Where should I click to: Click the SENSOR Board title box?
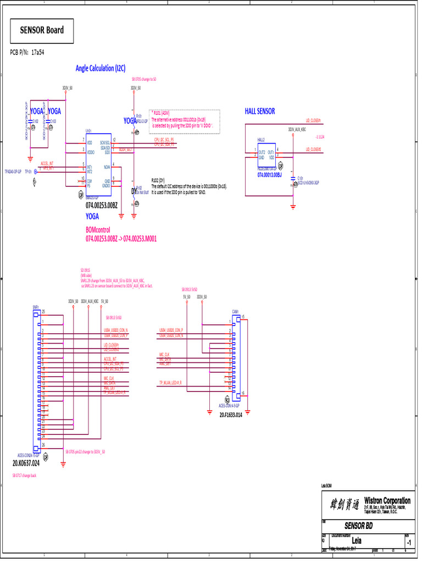click(42, 30)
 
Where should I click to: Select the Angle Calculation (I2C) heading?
click(101, 68)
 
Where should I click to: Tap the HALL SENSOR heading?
click(259, 111)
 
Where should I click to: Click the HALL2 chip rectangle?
click(266, 154)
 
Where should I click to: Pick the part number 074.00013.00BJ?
click(269, 175)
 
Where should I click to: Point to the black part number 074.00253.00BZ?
click(102, 205)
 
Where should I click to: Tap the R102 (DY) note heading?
click(158, 180)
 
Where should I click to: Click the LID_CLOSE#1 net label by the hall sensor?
click(313, 120)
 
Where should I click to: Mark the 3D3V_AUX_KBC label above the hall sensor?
click(297, 130)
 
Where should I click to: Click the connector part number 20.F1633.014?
click(231, 415)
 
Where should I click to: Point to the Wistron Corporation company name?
click(387, 500)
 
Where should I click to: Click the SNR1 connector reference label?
click(35, 306)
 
